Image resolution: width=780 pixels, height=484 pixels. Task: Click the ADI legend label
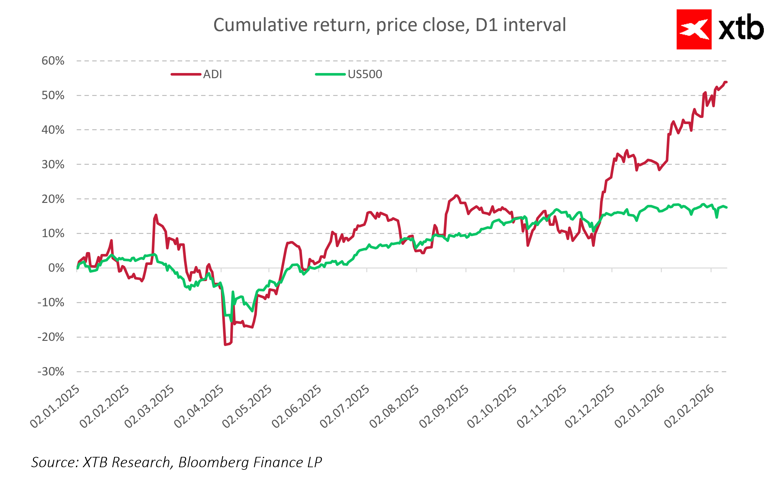[x=212, y=74]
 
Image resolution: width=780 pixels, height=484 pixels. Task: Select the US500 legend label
[x=365, y=74]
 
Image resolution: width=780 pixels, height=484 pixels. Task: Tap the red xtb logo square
[x=694, y=29]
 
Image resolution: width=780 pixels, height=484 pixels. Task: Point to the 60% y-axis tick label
[x=53, y=61]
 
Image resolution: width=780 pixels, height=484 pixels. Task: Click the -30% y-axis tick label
[x=51, y=372]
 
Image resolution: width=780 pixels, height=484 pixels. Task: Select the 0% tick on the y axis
[x=56, y=268]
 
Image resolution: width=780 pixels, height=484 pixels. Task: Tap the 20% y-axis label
[x=53, y=199]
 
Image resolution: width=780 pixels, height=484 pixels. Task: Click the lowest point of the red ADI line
[x=225, y=345]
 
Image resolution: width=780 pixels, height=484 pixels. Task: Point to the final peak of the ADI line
[x=725, y=82]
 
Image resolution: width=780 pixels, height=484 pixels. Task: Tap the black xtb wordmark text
[x=741, y=28]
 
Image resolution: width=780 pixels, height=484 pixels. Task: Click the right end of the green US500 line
[x=726, y=207]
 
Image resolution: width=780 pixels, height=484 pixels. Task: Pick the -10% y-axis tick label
[x=51, y=302]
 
